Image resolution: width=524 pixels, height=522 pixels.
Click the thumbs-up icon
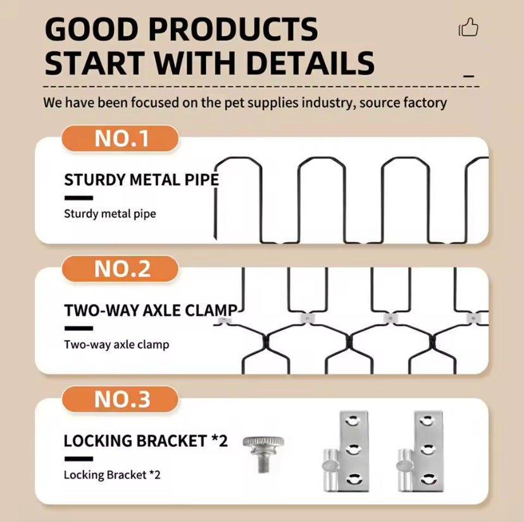click(468, 27)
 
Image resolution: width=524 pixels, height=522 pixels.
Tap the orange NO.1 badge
click(120, 138)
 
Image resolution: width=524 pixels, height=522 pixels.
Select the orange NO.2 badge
click(120, 269)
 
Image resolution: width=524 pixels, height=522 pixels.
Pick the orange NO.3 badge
click(120, 399)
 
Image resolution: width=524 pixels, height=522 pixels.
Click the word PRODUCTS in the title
click(233, 29)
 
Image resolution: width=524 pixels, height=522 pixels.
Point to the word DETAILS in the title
click(311, 63)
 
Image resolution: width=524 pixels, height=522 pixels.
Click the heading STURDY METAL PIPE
click(141, 180)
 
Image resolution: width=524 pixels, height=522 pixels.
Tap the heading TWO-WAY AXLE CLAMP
click(151, 310)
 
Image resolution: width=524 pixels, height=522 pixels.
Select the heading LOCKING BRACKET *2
click(146, 441)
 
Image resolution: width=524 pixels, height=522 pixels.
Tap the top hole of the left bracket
click(351, 420)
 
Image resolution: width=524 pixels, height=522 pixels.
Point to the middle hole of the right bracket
click(427, 450)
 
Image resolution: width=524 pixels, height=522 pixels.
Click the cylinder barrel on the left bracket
click(330, 470)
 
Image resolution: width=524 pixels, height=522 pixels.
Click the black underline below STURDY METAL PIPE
click(78, 198)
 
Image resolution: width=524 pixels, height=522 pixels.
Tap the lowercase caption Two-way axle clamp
click(116, 344)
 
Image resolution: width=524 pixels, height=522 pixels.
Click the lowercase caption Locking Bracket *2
click(112, 475)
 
